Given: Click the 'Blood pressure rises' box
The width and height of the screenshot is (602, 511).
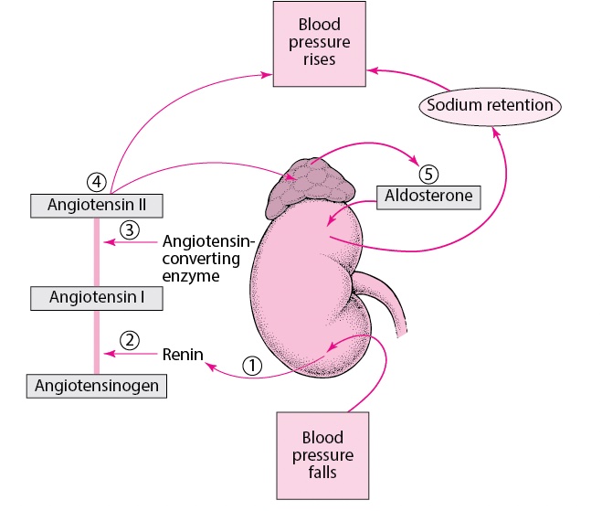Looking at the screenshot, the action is (319, 44).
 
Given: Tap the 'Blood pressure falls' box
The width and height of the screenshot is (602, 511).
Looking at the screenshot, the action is (322, 455).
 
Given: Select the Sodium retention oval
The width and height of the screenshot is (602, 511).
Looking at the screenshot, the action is (490, 106).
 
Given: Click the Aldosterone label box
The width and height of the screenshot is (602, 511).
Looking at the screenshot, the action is (428, 197).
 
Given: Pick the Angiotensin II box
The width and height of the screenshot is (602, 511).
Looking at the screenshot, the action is (96, 206).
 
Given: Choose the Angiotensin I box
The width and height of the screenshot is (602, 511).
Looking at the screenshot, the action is (96, 298).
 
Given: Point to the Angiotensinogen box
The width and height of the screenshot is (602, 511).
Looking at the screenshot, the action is (96, 386).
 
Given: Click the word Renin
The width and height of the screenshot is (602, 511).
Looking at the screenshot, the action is (183, 355).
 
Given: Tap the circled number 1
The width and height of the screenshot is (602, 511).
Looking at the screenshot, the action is (252, 366).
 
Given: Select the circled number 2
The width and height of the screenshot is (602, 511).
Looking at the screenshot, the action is (130, 340).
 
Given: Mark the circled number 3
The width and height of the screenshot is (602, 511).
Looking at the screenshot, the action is (130, 230).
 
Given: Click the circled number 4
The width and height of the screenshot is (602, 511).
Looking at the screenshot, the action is (96, 182).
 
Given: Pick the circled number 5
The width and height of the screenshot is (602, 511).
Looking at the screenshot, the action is (428, 174).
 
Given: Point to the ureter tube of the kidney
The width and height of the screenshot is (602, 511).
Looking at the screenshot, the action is (383, 301).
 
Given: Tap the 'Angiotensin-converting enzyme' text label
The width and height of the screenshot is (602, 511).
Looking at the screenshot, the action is (208, 259).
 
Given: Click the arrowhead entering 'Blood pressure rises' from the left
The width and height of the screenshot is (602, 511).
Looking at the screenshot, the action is (267, 75).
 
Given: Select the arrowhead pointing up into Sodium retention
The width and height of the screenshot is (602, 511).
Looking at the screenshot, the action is (496, 132).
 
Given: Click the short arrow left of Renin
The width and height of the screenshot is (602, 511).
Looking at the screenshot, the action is (131, 354).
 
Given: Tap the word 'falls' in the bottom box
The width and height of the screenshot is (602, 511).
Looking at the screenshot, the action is (322, 473).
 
